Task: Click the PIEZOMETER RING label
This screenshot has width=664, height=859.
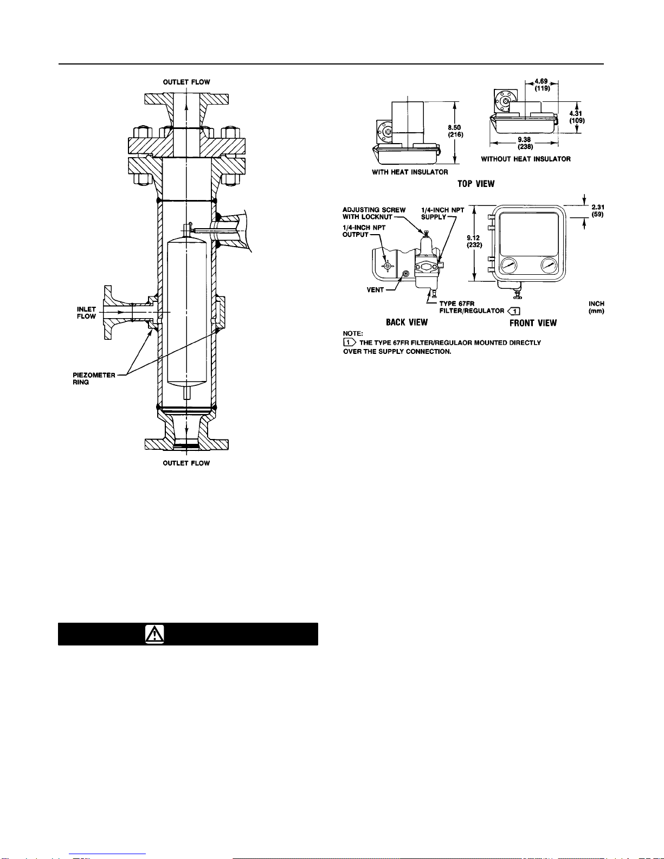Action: (x=94, y=378)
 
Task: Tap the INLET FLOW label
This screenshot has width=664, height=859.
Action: (x=86, y=312)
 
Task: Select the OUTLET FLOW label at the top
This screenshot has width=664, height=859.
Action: (x=186, y=82)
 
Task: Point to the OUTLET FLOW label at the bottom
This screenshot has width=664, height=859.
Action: (x=186, y=463)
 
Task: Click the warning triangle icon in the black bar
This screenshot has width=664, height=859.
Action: (x=154, y=634)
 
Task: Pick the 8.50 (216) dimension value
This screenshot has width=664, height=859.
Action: (x=455, y=131)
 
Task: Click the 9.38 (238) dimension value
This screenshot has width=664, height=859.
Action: (x=525, y=143)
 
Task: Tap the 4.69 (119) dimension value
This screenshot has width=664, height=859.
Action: (x=541, y=85)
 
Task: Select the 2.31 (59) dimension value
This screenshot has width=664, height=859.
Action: (x=597, y=211)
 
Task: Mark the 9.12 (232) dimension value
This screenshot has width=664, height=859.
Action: (x=474, y=241)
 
